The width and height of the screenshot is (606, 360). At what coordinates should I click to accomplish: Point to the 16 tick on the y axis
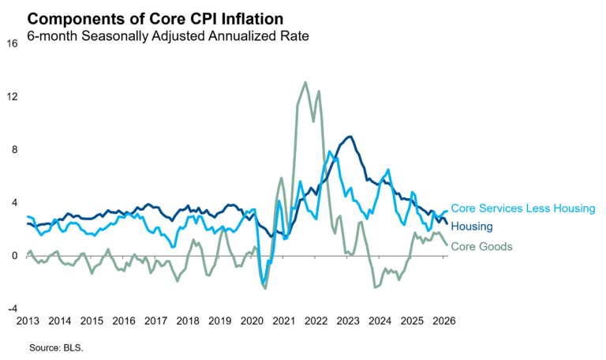click(x=12, y=43)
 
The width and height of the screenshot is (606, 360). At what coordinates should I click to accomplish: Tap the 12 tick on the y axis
click(x=12, y=96)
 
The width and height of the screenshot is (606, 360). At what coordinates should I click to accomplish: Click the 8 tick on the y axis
click(x=14, y=149)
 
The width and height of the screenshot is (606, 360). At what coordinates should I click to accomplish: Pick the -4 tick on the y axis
click(x=12, y=309)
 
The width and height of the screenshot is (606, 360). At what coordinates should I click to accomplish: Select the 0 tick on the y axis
click(x=14, y=256)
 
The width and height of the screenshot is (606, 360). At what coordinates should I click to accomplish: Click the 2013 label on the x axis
click(x=28, y=321)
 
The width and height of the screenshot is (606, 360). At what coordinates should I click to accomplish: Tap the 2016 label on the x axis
click(x=124, y=321)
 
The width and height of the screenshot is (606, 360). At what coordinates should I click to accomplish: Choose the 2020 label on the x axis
click(x=252, y=321)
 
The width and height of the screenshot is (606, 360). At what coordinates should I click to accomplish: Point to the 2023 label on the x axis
click(x=348, y=321)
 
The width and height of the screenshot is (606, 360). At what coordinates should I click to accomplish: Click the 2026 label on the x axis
click(x=443, y=321)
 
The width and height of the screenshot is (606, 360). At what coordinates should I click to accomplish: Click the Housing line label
click(x=472, y=227)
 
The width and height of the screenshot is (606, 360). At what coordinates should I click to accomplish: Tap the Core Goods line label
click(x=481, y=246)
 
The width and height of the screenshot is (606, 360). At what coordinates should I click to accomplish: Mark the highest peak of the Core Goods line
click(x=305, y=82)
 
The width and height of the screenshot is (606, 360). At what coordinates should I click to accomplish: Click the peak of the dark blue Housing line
click(x=350, y=137)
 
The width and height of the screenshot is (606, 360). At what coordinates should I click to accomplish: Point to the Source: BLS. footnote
click(x=56, y=347)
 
